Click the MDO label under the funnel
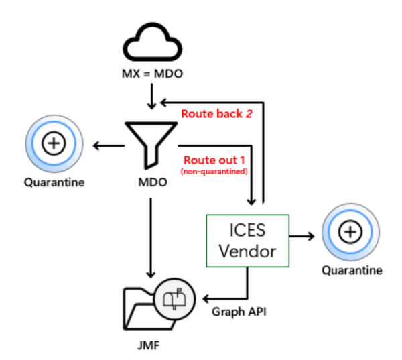tap(151, 182)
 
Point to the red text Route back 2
tap(216, 113)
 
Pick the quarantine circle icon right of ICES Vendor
tap(350, 233)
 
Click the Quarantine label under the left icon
tap(54, 182)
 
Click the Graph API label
tap(234, 312)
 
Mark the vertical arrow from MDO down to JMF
tap(151, 235)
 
